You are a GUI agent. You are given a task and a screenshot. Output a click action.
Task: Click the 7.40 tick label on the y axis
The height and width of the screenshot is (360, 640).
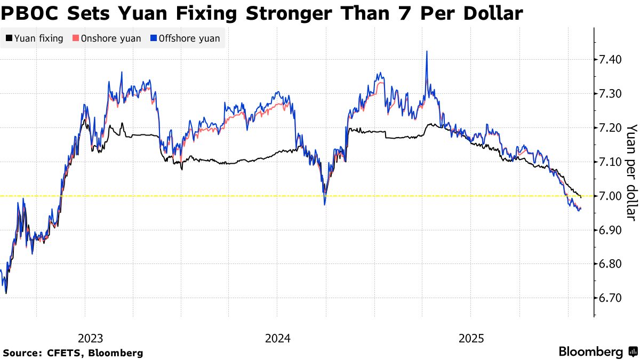[612, 60]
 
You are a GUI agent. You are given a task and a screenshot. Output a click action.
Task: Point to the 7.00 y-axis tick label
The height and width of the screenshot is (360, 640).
[612, 196]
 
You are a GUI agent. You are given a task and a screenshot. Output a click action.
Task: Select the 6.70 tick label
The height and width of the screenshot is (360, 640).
[612, 298]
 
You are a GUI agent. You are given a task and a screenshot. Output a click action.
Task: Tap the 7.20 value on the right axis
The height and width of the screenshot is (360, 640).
[612, 128]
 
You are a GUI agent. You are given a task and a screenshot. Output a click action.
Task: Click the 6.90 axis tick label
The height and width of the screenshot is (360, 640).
[612, 230]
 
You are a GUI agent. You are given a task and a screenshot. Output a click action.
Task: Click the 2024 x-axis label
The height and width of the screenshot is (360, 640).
[277, 338]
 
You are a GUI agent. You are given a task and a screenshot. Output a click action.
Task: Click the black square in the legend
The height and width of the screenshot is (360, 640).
[9, 38]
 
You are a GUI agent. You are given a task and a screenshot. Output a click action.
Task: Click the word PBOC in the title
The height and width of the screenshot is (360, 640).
[33, 13]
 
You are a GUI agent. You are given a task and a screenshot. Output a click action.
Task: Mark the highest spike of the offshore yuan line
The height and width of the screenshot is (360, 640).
[427, 52]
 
